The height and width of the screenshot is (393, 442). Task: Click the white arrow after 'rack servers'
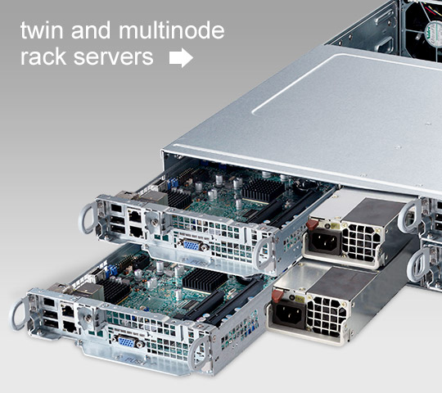click(x=181, y=57)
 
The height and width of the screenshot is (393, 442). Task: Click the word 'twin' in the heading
click(x=42, y=30)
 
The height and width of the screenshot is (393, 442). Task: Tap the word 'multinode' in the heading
click(x=172, y=30)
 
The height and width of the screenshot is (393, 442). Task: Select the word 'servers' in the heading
click(x=113, y=57)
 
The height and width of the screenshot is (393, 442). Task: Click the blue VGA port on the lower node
click(x=127, y=342)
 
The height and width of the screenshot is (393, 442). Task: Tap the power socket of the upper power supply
click(x=323, y=242)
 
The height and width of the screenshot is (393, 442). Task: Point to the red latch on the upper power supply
click(x=313, y=224)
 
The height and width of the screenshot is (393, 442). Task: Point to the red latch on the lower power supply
click(x=277, y=296)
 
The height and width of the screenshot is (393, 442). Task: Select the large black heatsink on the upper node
click(x=262, y=189)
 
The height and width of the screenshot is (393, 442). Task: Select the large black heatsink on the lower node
click(x=205, y=280)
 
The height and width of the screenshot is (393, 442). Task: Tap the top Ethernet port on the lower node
click(x=68, y=310)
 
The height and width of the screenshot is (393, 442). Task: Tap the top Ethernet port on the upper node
click(x=135, y=216)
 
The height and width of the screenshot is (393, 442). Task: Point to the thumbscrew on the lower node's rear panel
click(x=88, y=318)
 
